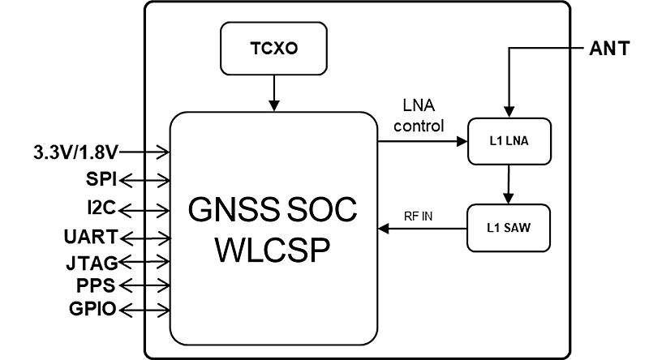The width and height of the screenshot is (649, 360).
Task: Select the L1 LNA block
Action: point(509,142)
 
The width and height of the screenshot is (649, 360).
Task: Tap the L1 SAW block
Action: point(509,226)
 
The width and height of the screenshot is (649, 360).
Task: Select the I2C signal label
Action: point(102,208)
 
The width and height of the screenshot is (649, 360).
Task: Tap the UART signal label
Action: point(91,237)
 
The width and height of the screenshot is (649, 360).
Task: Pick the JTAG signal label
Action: point(92,262)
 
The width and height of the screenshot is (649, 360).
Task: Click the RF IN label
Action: point(419,216)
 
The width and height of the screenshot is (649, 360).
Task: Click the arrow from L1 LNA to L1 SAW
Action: point(509,184)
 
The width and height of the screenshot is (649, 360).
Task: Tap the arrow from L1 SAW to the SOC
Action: point(422,230)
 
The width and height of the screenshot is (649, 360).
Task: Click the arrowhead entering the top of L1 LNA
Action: point(509,113)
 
